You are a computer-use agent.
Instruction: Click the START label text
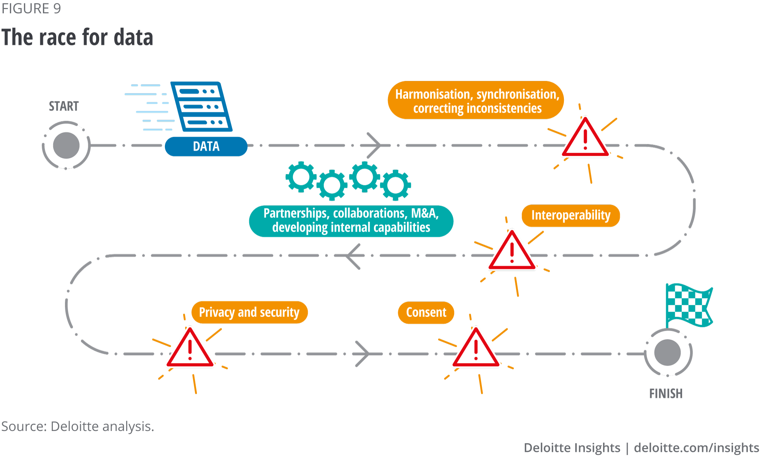coord(64,106)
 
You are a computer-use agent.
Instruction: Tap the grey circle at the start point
coord(66,145)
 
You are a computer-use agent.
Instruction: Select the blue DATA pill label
coord(206,146)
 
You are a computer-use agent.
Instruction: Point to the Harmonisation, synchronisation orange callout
coord(476,100)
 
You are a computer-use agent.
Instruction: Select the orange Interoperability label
coord(570,215)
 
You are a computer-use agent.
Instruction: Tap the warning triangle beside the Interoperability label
coord(512,252)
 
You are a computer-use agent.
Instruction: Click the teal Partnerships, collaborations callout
coord(351,221)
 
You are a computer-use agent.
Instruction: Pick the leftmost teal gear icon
coord(301,177)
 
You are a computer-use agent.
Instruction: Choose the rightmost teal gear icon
coord(396,185)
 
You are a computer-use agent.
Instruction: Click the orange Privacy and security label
coord(249,312)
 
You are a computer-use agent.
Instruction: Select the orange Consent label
coord(426,312)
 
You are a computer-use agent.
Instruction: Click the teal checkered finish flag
coord(689,305)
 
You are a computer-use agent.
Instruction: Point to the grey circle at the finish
coord(668,353)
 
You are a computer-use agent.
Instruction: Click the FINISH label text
coord(666,393)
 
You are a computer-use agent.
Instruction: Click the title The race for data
coord(77,37)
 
